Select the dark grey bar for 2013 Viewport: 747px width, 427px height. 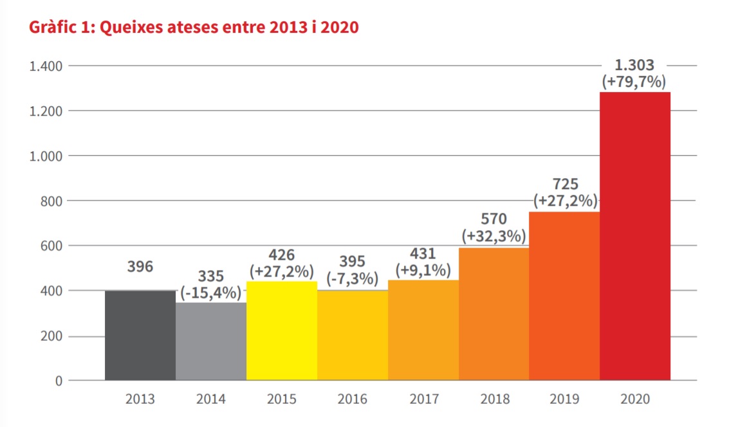(140, 335)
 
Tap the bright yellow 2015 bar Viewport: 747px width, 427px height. (282, 331)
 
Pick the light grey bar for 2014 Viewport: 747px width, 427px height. (211, 341)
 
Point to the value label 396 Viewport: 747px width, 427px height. (140, 266)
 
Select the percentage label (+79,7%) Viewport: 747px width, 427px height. (634, 82)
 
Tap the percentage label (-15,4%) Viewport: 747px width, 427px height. (211, 293)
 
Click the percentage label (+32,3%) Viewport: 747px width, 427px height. (494, 237)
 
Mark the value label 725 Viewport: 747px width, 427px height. (564, 185)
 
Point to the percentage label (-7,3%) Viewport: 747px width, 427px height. (353, 278)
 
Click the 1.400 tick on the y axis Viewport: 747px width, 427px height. (45, 66)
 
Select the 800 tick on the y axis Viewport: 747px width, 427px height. (50, 201)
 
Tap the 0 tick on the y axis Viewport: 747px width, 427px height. (59, 381)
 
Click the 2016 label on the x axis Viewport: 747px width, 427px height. (353, 399)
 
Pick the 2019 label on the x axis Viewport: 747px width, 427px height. (564, 399)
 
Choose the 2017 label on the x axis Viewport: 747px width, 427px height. (423, 399)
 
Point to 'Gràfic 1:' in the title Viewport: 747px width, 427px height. (57, 28)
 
